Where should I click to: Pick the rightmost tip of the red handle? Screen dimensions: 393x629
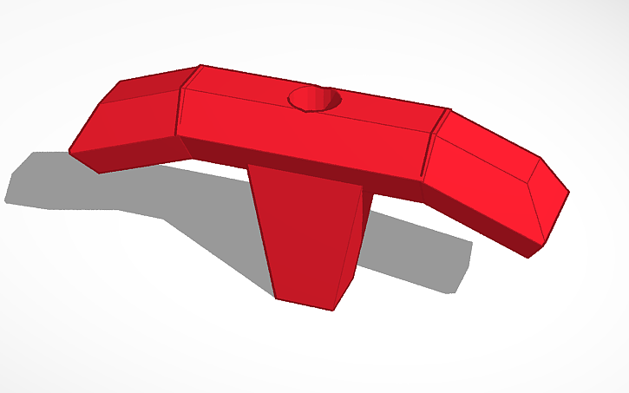pos(568,191)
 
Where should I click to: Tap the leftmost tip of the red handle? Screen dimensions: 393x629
pos(70,153)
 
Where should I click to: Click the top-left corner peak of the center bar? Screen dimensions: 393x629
pos(200,66)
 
